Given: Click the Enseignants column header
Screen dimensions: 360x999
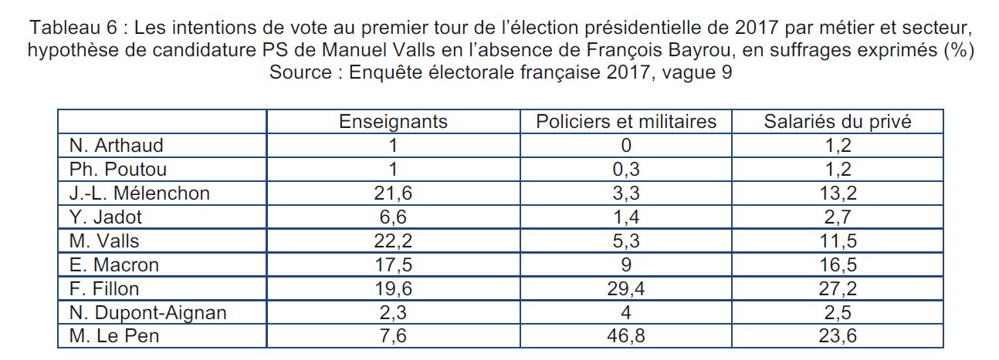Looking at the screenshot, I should pyautogui.click(x=394, y=122).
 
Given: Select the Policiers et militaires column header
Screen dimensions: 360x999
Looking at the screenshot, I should pyautogui.click(x=626, y=122).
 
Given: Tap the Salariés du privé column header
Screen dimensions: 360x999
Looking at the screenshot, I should pyautogui.click(x=837, y=122).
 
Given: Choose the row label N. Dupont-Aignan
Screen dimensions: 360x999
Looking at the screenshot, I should pyautogui.click(x=147, y=312).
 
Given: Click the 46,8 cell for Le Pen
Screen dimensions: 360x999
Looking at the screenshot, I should pyautogui.click(x=626, y=336).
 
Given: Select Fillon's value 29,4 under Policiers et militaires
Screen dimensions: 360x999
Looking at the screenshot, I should pyautogui.click(x=626, y=288).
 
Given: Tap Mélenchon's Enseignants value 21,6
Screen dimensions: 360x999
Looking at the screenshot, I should pyautogui.click(x=394, y=193).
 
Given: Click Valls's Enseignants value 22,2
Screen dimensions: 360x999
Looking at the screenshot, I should pyautogui.click(x=394, y=241).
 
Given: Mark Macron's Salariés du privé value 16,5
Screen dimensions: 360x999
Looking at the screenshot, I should pyautogui.click(x=837, y=264).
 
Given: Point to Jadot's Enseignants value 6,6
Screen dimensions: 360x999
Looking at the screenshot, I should pyautogui.click(x=394, y=217).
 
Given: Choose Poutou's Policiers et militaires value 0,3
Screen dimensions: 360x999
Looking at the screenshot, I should pyautogui.click(x=626, y=169).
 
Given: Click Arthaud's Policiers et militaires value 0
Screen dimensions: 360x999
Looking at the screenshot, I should pyautogui.click(x=626, y=145).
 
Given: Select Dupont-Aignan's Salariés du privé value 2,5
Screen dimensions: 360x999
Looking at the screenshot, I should pyautogui.click(x=837, y=312).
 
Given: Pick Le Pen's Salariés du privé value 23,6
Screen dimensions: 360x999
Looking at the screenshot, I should pyautogui.click(x=837, y=336).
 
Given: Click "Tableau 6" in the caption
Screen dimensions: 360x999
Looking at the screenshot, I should pyautogui.click(x=72, y=29).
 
